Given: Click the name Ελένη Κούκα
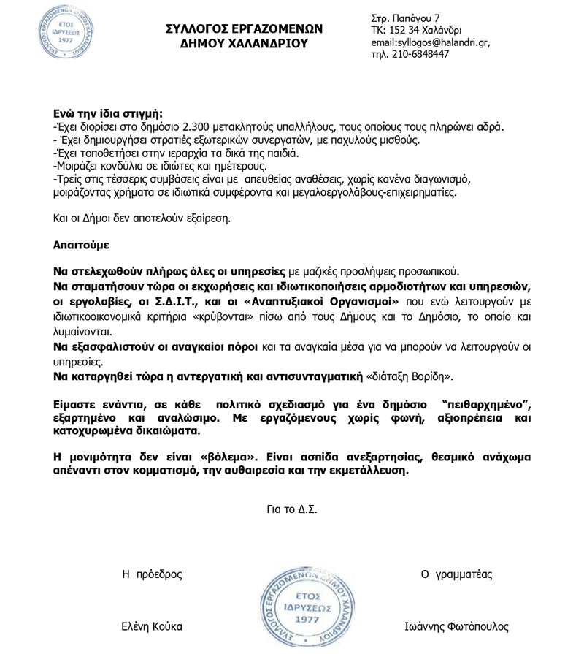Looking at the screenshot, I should coord(152,627).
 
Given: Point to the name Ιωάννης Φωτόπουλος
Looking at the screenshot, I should coord(456,627).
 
